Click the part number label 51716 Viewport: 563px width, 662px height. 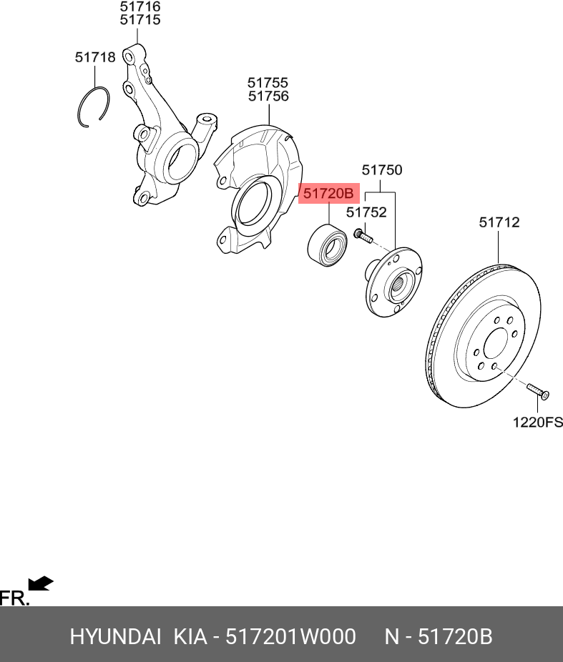139,6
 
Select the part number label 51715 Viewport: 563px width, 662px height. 139,20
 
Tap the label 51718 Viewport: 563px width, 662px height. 95,57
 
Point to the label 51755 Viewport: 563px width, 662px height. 268,83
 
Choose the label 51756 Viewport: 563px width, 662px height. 268,97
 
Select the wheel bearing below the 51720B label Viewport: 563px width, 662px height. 327,244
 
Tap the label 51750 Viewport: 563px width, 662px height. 381,171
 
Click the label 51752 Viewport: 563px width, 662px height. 366,212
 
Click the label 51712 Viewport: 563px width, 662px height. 499,223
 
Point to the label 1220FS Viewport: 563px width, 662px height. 537,423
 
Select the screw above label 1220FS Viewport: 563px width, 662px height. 537,390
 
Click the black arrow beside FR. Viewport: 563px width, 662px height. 41,584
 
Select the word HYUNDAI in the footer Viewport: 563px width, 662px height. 115,636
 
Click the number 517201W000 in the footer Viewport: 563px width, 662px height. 290,636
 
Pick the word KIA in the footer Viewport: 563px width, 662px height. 190,636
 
